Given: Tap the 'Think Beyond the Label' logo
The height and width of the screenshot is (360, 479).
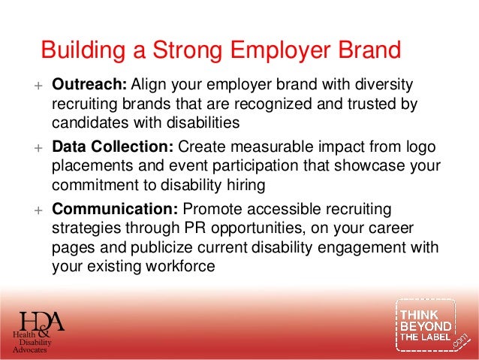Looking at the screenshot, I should (426, 325).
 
